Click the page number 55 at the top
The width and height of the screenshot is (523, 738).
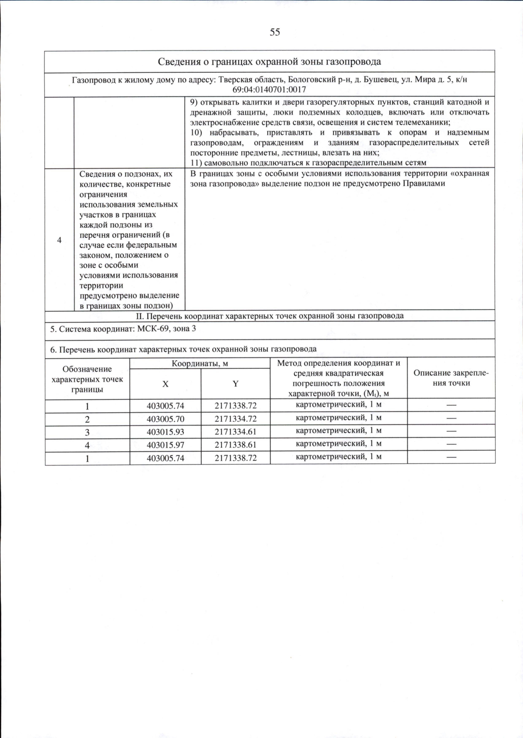[x=275, y=32]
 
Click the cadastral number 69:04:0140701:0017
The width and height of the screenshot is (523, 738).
[x=269, y=89]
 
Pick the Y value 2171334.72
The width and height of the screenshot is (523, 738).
[x=235, y=419]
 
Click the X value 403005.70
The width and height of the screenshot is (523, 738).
[x=165, y=419]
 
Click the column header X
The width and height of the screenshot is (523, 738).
[x=165, y=384]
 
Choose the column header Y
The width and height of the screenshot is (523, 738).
[x=235, y=384]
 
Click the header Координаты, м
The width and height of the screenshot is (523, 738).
[x=200, y=364]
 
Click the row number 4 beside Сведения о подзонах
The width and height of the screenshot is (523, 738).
[x=59, y=240]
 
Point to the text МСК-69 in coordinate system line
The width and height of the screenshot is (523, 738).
[x=153, y=329]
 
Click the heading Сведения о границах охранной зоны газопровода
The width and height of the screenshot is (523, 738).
[x=269, y=61]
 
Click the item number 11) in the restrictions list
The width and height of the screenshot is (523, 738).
[x=196, y=163]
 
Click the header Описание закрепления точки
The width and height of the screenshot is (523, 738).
[x=451, y=378]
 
